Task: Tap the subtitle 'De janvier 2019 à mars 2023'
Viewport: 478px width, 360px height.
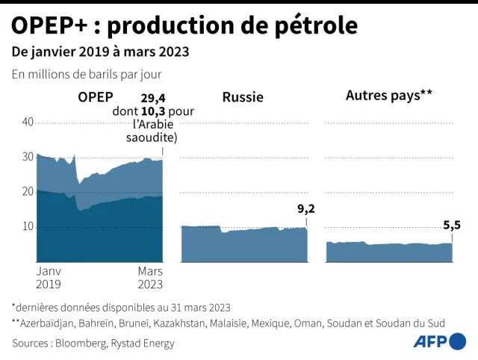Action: click(99, 52)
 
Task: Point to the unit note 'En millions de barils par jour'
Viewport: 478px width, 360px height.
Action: click(86, 75)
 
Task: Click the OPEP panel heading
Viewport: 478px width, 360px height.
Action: click(96, 96)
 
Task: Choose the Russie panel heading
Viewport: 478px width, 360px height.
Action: click(243, 97)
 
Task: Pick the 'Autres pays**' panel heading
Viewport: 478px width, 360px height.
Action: click(389, 96)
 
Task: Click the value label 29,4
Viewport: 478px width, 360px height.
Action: click(154, 97)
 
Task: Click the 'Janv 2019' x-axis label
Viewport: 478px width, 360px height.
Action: click(49, 277)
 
